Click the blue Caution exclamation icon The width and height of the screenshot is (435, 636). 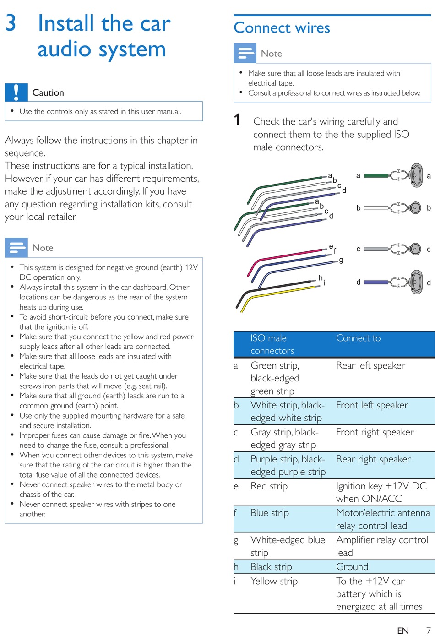point(16,92)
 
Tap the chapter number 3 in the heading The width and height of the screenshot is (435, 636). point(11,23)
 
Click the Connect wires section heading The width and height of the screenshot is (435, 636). point(282,28)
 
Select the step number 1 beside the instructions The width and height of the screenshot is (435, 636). point(237,120)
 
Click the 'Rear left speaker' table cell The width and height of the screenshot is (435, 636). point(370,365)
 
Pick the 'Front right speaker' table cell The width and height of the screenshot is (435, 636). point(375,432)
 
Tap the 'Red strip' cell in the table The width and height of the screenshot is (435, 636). point(269,486)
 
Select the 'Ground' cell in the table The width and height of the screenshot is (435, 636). point(352,567)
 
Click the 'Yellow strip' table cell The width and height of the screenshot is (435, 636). point(274,581)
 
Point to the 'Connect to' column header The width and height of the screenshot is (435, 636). point(358,338)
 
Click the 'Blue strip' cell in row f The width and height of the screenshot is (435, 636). point(269,513)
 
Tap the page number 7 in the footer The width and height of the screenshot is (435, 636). point(428,631)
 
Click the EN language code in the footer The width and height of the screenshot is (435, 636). point(402,631)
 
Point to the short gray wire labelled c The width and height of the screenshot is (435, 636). point(376,249)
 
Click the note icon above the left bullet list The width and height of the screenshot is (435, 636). point(16,248)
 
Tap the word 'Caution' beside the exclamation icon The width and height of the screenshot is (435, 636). point(48,92)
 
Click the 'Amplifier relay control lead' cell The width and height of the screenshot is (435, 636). point(381,546)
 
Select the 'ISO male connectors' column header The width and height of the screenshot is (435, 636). point(272,344)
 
